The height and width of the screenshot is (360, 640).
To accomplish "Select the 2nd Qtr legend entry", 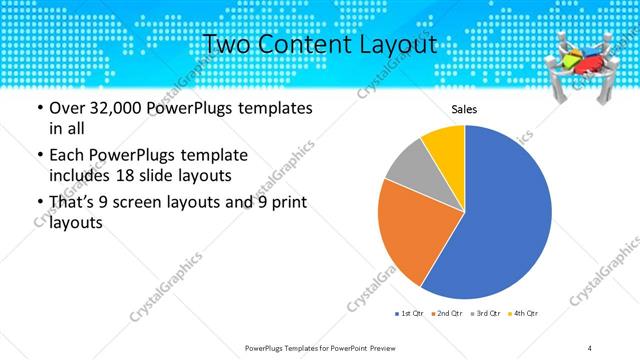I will [x=447, y=314].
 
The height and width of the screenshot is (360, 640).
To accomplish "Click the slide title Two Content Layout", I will [x=319, y=44].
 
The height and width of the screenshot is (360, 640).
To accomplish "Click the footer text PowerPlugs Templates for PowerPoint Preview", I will [x=320, y=347].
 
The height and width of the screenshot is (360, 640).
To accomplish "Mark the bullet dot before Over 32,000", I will [x=38, y=108].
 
